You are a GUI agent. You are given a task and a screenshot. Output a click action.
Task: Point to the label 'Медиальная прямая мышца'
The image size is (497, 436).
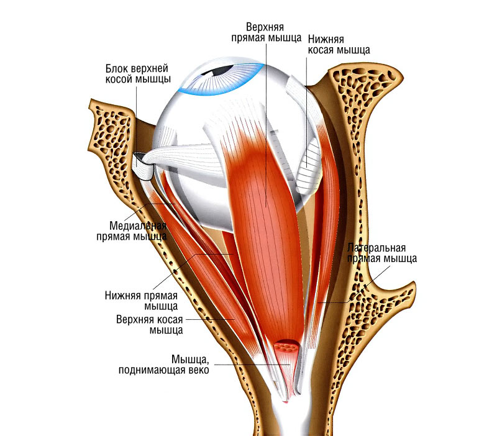pyautogui.click(x=131, y=230)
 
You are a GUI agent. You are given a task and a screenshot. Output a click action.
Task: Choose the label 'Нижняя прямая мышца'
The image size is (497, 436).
pyautogui.click(x=142, y=301)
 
